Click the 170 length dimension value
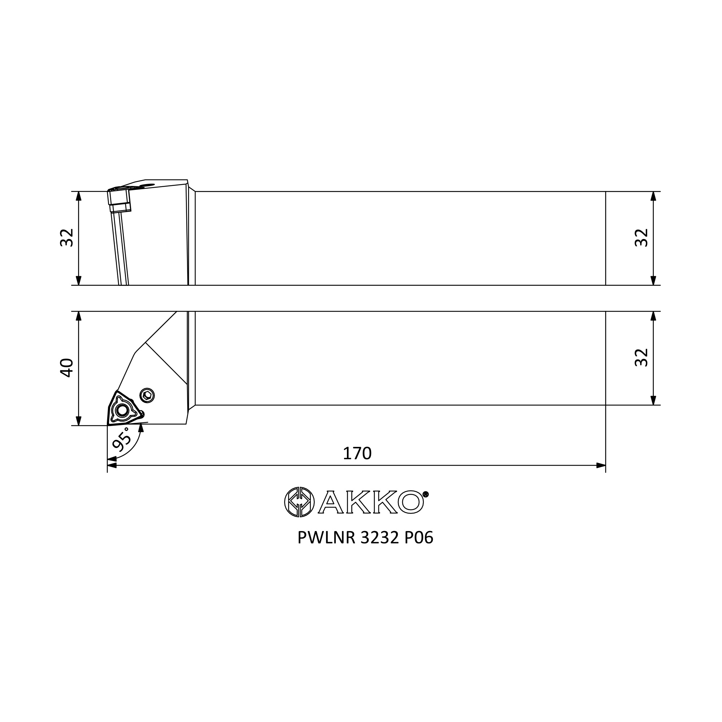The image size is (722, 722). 357,454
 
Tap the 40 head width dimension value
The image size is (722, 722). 67,368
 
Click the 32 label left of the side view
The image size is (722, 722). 67,238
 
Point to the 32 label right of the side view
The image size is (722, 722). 641,238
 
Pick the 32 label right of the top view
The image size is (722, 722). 641,358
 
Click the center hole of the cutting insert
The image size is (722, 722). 122,410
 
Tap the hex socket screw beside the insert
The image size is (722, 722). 147,395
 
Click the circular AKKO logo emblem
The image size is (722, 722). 299,502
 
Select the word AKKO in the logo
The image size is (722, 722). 371,502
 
